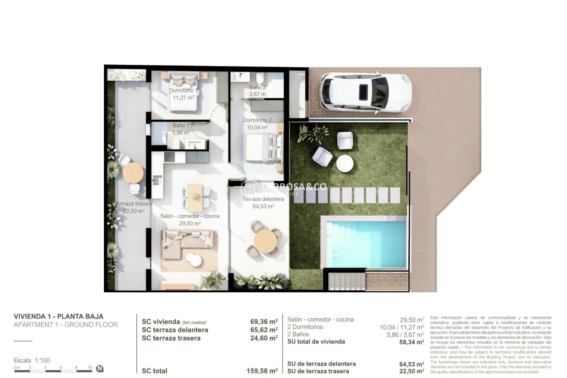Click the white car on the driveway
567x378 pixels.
(x=366, y=93)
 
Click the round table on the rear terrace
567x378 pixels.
(x=133, y=173)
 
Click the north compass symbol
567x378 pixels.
(x=100, y=368)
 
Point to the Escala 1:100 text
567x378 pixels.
(x=32, y=360)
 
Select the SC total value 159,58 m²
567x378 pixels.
(x=262, y=371)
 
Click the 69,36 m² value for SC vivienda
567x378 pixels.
(x=264, y=322)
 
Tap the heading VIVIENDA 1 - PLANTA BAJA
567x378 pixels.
(x=58, y=316)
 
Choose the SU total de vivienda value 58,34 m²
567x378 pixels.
(x=411, y=342)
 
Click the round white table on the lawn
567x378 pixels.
(x=345, y=163)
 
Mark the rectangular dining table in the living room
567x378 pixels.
(x=195, y=195)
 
